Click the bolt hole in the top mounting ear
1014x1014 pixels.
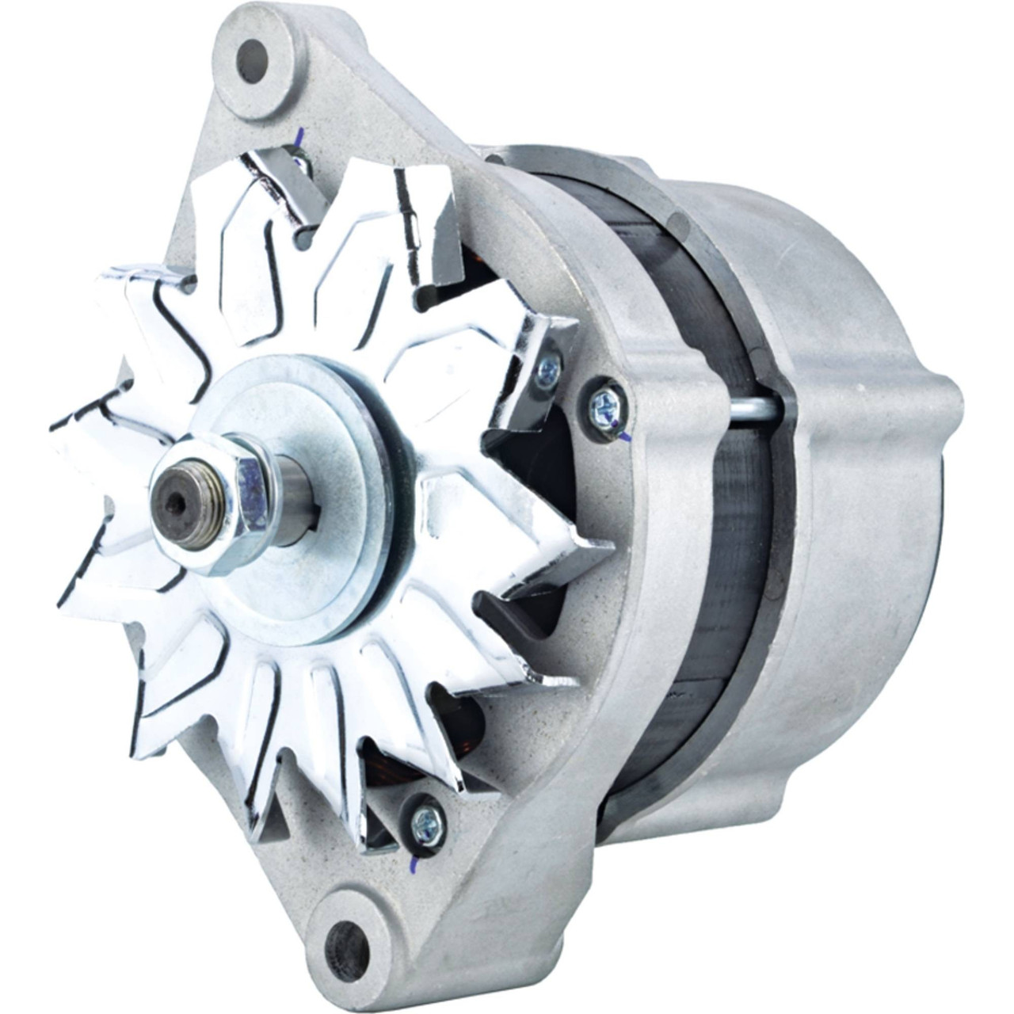pyautogui.click(x=253, y=61)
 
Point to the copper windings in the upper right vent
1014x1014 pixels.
pyautogui.click(x=475, y=269)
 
